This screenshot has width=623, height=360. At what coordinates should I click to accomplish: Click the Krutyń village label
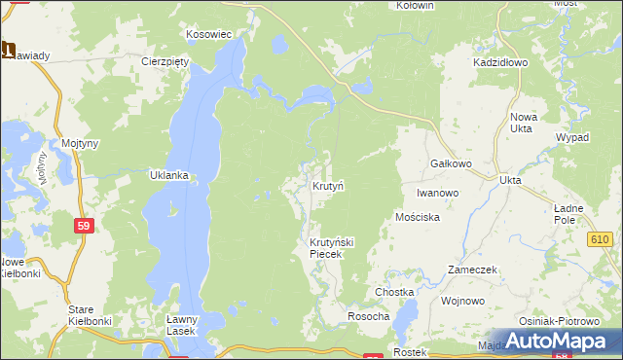point(328,185)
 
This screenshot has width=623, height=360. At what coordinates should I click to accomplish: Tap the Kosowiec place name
point(208,34)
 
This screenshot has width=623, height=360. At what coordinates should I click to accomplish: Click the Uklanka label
point(169,176)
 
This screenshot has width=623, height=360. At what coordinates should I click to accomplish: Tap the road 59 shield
point(85,225)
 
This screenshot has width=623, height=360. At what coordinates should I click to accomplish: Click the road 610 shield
point(599,238)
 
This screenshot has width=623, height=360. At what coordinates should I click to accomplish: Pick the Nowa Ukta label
point(524,124)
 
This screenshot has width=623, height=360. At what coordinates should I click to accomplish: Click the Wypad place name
point(572,138)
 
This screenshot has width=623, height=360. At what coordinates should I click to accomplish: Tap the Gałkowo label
point(451,164)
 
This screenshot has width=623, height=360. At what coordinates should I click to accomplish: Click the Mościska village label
point(419,217)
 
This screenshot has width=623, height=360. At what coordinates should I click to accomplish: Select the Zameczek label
point(473,269)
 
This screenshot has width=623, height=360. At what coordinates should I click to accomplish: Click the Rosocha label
point(369,317)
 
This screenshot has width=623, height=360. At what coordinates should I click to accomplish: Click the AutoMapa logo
point(562,341)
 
